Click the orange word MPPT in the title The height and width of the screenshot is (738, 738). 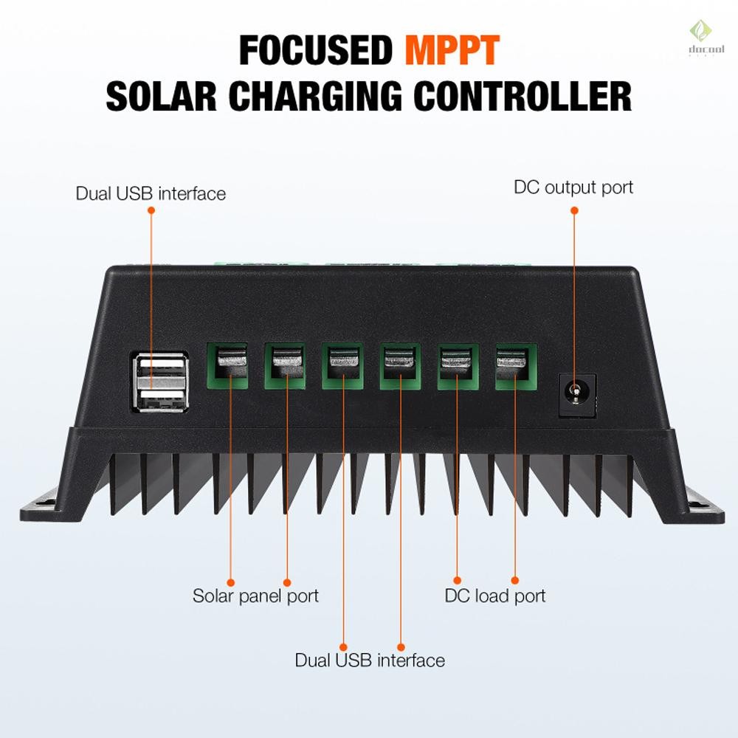pyautogui.click(x=452, y=50)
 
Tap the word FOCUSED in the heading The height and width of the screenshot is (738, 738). pyautogui.click(x=315, y=50)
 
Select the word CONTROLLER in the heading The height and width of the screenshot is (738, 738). pyautogui.click(x=523, y=96)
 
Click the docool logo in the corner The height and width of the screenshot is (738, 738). pyautogui.click(x=700, y=38)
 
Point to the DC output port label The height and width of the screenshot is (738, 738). pyautogui.click(x=573, y=187)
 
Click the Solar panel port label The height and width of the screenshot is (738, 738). pyautogui.click(x=255, y=596)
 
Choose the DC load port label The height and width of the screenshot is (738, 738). pyautogui.click(x=495, y=596)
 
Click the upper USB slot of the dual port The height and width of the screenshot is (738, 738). pyautogui.click(x=161, y=363)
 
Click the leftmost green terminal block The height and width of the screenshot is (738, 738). pyautogui.click(x=227, y=366)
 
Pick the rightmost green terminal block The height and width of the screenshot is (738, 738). pyautogui.click(x=516, y=367)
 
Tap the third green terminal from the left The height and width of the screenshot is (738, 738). pyautogui.click(x=342, y=366)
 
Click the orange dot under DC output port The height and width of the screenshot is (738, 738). pyautogui.click(x=574, y=210)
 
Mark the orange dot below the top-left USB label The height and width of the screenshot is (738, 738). pyautogui.click(x=151, y=210)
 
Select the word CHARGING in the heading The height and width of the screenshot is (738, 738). pyautogui.click(x=315, y=96)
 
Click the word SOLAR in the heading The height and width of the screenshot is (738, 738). pyautogui.click(x=161, y=96)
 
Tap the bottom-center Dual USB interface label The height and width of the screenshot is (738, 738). pyautogui.click(x=370, y=661)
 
